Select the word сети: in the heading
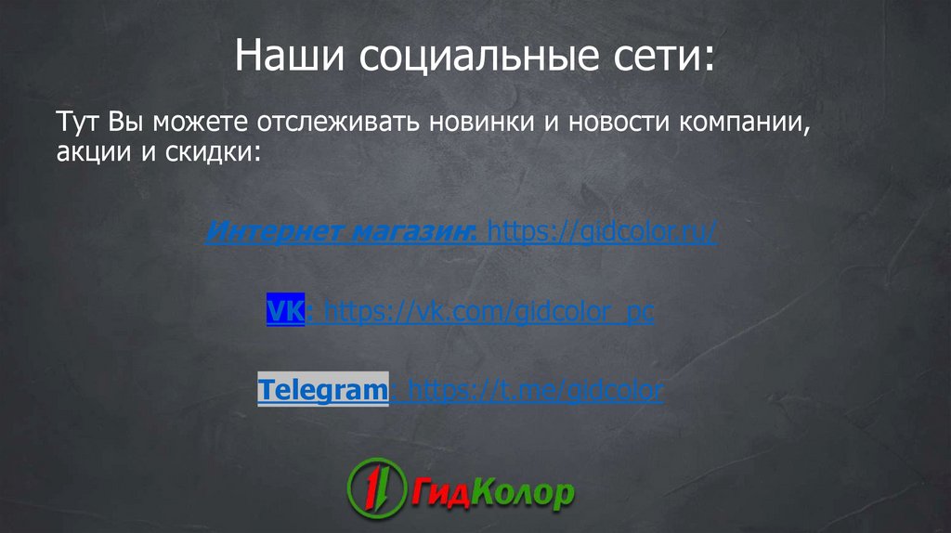(x=665, y=57)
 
